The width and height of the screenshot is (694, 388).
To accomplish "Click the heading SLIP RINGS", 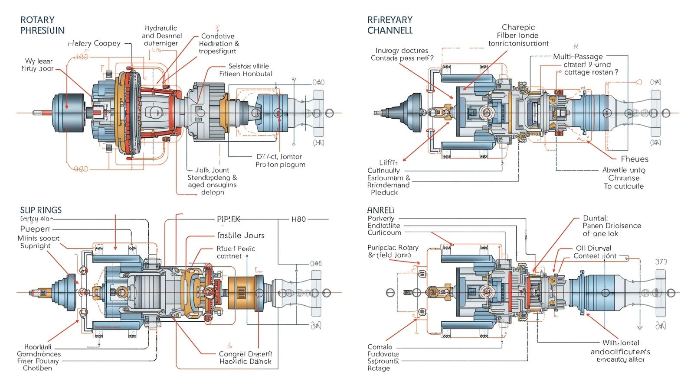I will click(41, 210).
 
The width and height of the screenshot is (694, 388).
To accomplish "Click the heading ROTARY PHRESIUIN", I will click(42, 25).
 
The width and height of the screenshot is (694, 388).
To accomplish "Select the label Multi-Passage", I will click(578, 56).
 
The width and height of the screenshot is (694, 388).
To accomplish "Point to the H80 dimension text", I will click(298, 219).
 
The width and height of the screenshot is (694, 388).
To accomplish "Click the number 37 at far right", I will click(661, 262).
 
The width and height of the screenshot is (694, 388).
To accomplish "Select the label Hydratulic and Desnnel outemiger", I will click(162, 36).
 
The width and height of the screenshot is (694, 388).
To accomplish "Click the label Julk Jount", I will click(212, 170).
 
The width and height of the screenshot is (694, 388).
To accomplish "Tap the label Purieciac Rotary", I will click(393, 247).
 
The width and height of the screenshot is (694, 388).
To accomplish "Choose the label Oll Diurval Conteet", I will click(595, 252).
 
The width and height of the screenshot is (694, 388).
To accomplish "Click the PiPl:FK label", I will click(228, 219).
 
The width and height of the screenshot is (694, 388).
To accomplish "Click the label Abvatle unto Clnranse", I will click(624, 174).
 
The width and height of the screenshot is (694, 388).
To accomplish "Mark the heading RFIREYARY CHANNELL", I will click(390, 25).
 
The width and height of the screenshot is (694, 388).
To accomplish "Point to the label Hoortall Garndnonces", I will click(38, 350).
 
